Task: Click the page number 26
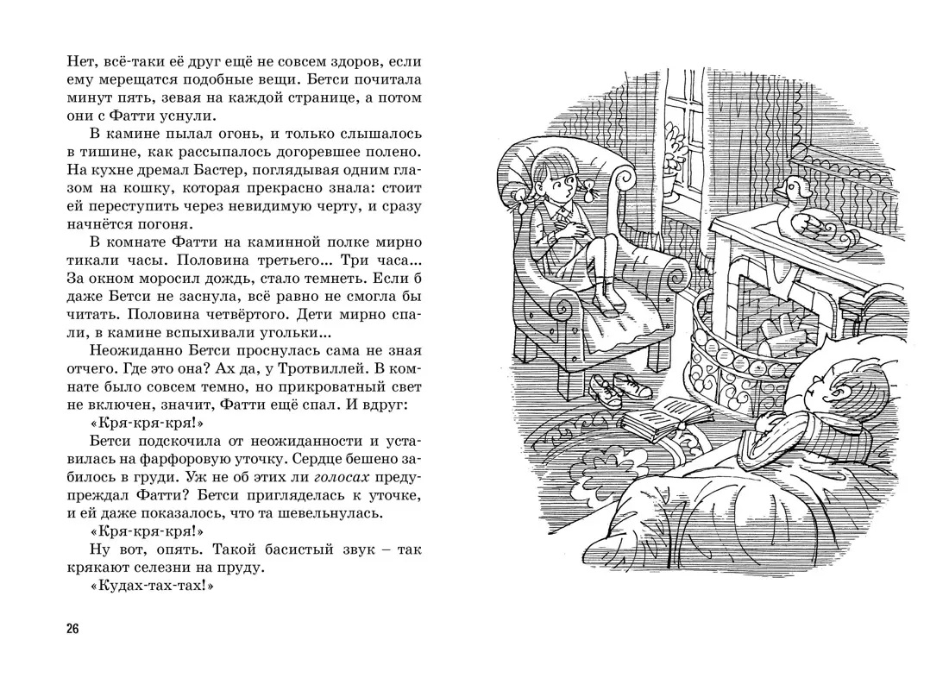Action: tap(72, 629)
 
